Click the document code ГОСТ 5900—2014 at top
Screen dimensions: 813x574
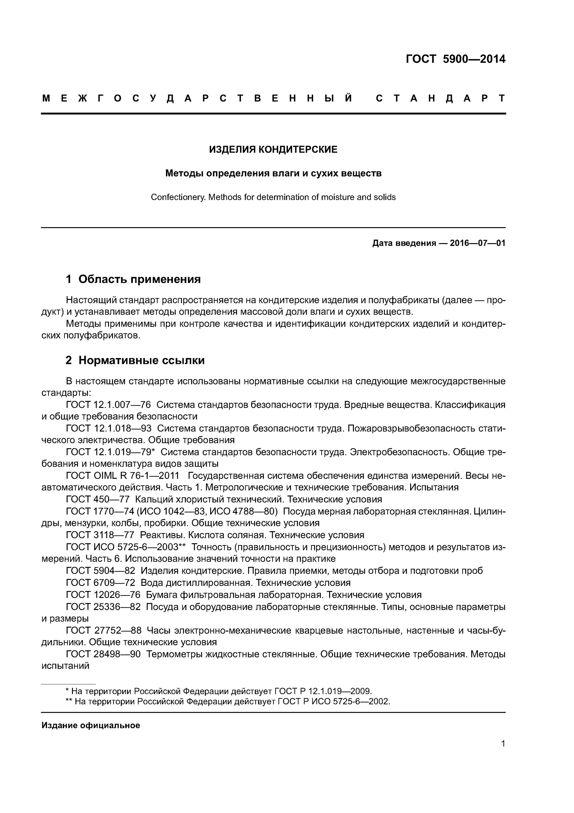click(455, 59)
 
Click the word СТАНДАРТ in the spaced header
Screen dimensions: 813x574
click(440, 98)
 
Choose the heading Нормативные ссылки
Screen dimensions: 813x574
click(142, 360)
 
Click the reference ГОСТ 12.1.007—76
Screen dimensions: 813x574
click(108, 405)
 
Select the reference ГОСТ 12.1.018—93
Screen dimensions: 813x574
click(108, 428)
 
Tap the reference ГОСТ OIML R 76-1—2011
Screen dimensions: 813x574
click(122, 476)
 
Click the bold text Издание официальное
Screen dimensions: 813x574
click(91, 725)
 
